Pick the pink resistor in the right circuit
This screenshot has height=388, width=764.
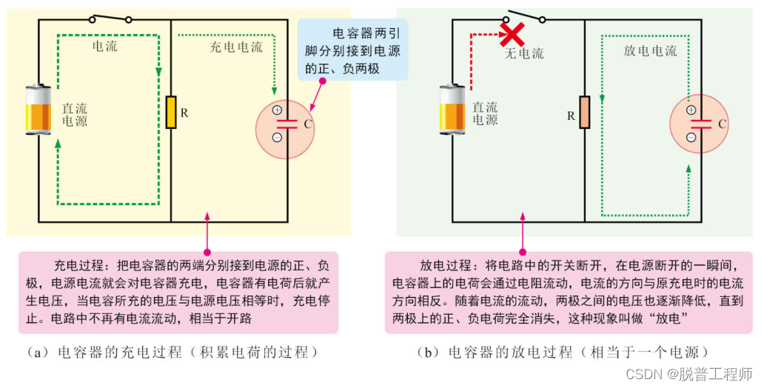[584, 113]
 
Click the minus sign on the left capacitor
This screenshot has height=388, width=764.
[277, 137]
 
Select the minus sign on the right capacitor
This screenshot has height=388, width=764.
[691, 137]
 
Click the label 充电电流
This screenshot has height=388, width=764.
[235, 47]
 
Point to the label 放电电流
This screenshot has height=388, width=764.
[650, 51]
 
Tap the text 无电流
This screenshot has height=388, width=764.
[523, 53]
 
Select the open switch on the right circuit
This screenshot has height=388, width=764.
[526, 16]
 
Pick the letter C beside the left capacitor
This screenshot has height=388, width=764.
[307, 124]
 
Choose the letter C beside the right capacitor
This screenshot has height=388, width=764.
[721, 124]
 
